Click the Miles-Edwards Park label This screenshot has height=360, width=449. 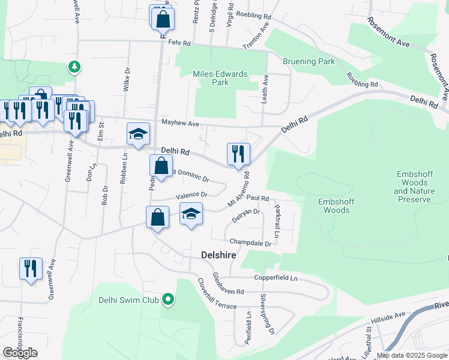[220, 78]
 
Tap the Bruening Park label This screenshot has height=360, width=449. [309, 61]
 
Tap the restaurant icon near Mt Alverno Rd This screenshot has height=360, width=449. [238, 154]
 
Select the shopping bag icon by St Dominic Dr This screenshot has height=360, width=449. [161, 167]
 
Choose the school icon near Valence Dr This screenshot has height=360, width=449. [191, 214]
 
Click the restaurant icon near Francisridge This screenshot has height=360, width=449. [30, 268]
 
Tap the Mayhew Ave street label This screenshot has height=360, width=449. [180, 124]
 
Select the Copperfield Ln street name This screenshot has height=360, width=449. [276, 278]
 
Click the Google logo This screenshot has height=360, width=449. [20, 353]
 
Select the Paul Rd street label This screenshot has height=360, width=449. [256, 197]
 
